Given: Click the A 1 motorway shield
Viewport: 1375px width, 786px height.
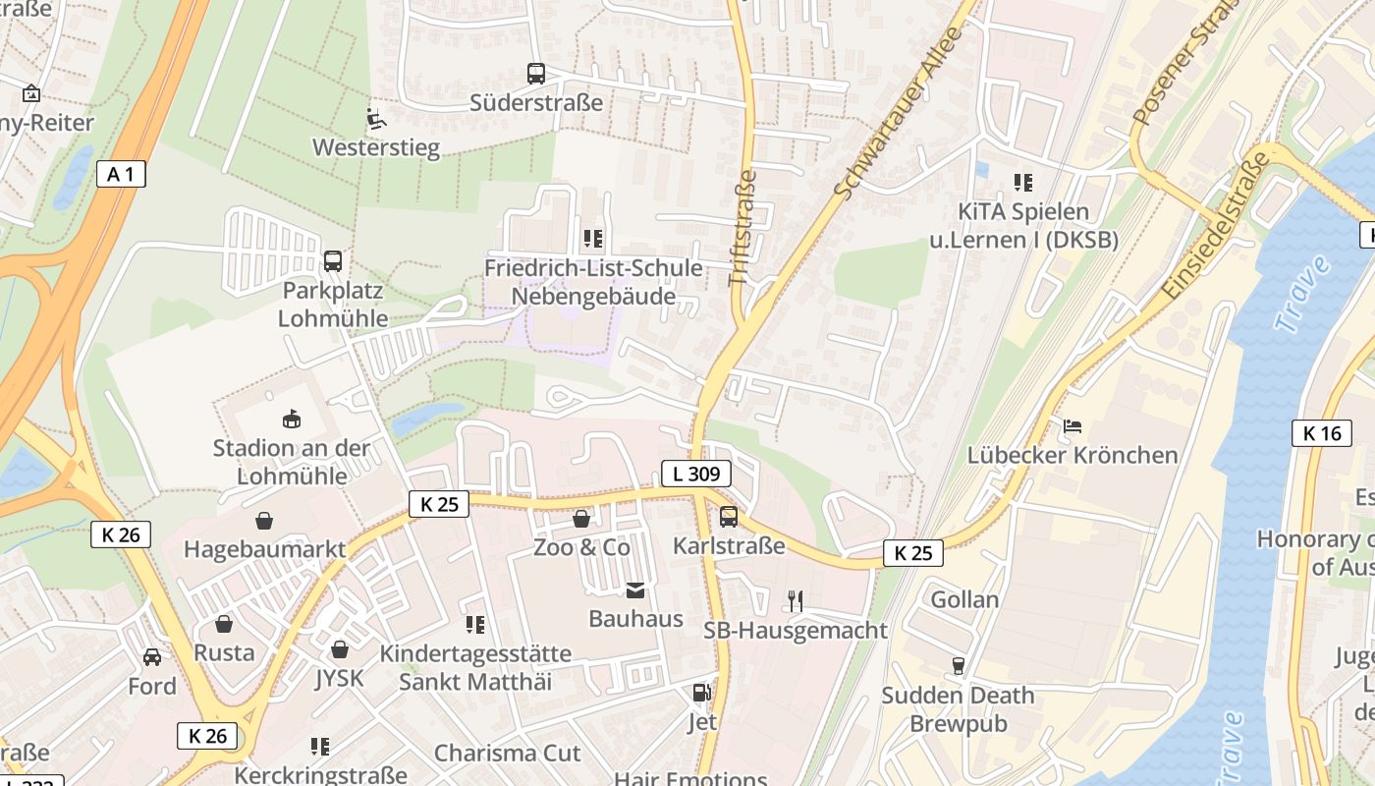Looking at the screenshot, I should point(122,175).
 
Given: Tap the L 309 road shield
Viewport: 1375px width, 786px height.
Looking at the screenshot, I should point(695,474).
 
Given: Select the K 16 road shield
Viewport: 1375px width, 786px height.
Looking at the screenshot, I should point(1321,433).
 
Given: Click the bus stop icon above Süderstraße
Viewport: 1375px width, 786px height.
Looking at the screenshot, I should point(535,73).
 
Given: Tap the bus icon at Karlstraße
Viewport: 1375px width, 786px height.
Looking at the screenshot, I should point(729,516).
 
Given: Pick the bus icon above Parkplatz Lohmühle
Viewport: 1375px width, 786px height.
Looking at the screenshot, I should point(333,261).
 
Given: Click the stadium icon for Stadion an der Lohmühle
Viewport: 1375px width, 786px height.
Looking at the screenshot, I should point(292,420).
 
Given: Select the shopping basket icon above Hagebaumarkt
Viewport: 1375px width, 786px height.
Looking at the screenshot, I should point(264,520).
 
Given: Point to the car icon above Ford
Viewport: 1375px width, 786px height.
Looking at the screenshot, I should point(152,656).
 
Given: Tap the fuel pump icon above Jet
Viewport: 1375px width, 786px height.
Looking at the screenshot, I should point(701,693).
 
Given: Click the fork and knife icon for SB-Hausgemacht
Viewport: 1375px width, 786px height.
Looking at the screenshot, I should point(796,600).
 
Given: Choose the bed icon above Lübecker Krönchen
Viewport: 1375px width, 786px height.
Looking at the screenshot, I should point(1072,426).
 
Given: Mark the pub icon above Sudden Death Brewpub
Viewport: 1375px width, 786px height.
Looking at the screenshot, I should point(959,666).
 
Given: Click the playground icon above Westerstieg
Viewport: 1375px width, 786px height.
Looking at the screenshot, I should point(376,119).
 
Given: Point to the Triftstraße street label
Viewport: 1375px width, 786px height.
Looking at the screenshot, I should point(743,228).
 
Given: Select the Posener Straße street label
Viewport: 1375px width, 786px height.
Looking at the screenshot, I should point(1177,65).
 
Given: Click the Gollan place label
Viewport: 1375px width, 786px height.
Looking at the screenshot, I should point(964,599).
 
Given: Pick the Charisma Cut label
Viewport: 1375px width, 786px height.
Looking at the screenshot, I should point(507,754).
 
